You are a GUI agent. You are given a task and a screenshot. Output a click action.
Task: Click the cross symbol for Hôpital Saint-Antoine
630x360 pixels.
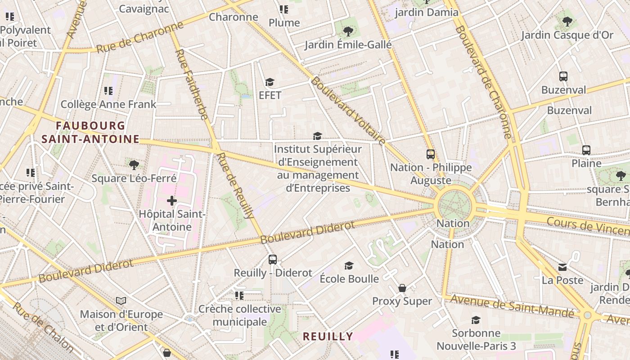(x=172, y=201)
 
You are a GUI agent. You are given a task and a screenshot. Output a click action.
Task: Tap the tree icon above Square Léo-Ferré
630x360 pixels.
(x=134, y=165)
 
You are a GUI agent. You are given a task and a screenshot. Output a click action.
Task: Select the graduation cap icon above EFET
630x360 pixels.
(x=270, y=82)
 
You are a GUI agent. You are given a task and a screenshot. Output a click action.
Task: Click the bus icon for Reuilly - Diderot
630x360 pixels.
(x=273, y=260)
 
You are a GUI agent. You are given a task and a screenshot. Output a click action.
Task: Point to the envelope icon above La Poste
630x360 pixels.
(x=562, y=267)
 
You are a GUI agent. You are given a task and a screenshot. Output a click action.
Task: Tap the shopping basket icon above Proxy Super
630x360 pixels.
(x=402, y=288)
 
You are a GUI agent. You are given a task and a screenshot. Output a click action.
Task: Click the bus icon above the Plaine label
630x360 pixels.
(x=586, y=150)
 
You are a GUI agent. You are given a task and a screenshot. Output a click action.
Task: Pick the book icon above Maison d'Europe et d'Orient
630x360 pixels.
(x=121, y=301)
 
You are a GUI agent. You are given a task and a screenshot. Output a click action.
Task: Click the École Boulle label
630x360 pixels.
(x=349, y=279)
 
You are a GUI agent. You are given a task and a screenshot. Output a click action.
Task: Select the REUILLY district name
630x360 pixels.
(x=328, y=336)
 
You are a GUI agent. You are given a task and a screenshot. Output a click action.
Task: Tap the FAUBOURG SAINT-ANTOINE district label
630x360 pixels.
(x=90, y=132)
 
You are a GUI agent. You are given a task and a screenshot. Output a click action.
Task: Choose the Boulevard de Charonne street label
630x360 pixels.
(x=484, y=81)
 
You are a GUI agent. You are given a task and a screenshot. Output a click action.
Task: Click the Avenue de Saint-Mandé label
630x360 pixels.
(x=512, y=306)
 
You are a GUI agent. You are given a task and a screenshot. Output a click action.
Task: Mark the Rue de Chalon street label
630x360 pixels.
(x=43, y=327)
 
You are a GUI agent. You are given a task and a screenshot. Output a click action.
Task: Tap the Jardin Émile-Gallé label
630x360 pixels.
(x=348, y=45)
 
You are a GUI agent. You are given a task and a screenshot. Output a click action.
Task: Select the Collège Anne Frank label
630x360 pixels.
(x=108, y=104)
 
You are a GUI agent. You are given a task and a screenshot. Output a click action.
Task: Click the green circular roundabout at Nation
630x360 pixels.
(x=455, y=206)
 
